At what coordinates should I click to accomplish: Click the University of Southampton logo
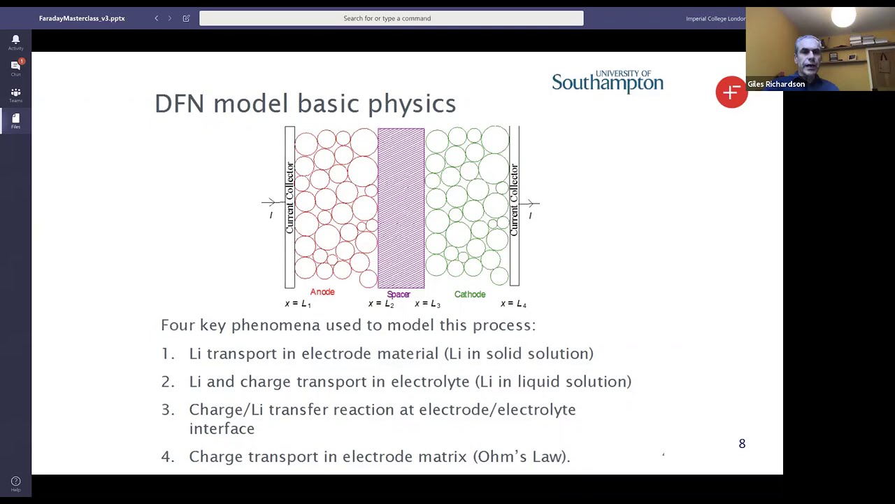(x=607, y=81)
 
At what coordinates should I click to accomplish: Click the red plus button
(x=731, y=92)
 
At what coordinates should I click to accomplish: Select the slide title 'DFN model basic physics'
(x=305, y=104)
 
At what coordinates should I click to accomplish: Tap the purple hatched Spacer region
(x=401, y=207)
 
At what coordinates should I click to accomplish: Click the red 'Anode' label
(x=322, y=292)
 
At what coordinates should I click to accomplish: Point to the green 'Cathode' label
(x=469, y=295)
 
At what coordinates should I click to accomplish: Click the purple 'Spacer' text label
(x=399, y=295)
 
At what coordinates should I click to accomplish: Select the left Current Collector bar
(x=289, y=206)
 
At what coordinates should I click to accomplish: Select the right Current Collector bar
(x=514, y=206)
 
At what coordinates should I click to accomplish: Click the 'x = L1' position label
(x=298, y=304)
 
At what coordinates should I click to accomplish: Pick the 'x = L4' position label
(x=513, y=304)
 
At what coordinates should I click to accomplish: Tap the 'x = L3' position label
(x=427, y=304)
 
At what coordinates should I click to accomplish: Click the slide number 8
(x=742, y=444)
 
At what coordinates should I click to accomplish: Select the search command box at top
(x=391, y=18)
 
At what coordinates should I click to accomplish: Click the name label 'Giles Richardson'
(x=776, y=84)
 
